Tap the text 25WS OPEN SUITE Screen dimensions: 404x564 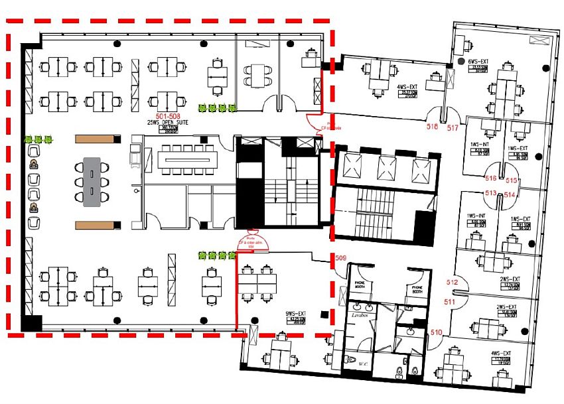pos(161,123)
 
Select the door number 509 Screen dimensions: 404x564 pos(340,257)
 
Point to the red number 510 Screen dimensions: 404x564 pos(436,332)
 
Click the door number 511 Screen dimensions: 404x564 pos(449,303)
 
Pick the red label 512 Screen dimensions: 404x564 pos(452,282)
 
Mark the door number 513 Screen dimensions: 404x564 pos(491,192)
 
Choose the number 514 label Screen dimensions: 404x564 pos(510,195)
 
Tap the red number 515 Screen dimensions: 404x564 pos(511,180)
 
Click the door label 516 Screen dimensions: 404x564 pos(491,178)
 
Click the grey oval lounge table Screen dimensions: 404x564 pos(92,181)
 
